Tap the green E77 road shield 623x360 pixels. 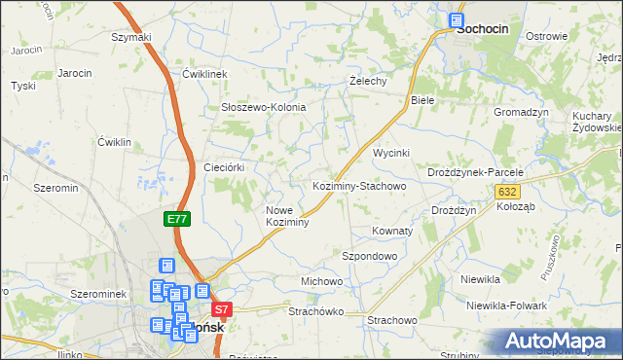coord(177,220)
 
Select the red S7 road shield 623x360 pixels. coord(223,311)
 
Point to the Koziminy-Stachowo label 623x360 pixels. coord(358,185)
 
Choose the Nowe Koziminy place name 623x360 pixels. coord(287,216)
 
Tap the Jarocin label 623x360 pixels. coord(75,73)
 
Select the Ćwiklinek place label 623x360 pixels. coord(204,74)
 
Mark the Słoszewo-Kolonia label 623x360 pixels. coord(264,107)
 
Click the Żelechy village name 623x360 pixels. coord(369,81)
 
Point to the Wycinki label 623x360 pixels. coord(392,154)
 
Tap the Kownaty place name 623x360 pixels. coord(393,232)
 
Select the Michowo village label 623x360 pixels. coord(322,281)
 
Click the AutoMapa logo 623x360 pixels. coord(559,341)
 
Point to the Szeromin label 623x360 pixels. coord(55,188)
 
